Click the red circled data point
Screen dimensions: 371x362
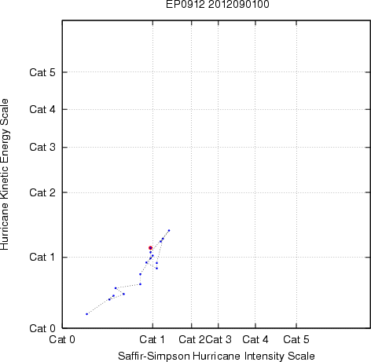pyautogui.click(x=150, y=248)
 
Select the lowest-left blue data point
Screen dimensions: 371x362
pyautogui.click(x=86, y=314)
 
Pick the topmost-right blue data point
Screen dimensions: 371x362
pyautogui.click(x=169, y=231)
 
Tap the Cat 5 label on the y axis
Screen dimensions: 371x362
pyautogui.click(x=42, y=72)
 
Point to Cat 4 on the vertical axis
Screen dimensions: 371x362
pyautogui.click(x=42, y=109)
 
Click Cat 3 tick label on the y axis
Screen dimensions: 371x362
pyautogui.click(x=42, y=147)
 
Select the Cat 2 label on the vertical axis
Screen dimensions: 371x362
pyautogui.click(x=42, y=192)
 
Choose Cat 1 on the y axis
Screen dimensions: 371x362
pyautogui.click(x=42, y=257)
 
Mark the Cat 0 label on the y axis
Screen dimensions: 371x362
pyautogui.click(x=42, y=328)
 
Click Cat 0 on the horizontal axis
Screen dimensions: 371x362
pyautogui.click(x=62, y=340)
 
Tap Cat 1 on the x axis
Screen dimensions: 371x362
pyautogui.click(x=152, y=340)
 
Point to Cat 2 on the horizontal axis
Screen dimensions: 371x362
pyautogui.click(x=192, y=340)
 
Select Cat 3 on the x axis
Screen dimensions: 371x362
pyautogui.click(x=219, y=340)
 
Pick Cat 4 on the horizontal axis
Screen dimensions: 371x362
pyautogui.click(x=255, y=340)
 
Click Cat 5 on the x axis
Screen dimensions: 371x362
pyautogui.click(x=296, y=340)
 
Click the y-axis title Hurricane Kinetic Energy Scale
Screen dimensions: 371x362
pyautogui.click(x=5, y=174)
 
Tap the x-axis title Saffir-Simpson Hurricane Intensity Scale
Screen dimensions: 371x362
pyautogui.click(x=216, y=357)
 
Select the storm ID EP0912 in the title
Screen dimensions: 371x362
pyautogui.click(x=185, y=4)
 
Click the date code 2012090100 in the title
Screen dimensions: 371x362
pyautogui.click(x=239, y=4)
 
